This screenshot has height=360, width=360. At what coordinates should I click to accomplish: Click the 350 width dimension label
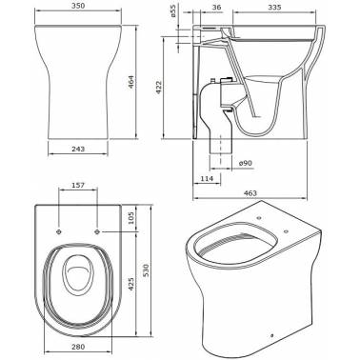[78, 7]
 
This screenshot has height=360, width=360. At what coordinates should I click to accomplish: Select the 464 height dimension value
[131, 82]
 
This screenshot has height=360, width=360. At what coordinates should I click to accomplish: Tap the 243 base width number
[78, 149]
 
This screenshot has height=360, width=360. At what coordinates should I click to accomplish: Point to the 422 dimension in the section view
[158, 88]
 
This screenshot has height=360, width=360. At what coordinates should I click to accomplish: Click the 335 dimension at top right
[274, 7]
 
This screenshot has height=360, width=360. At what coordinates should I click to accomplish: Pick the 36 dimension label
[216, 7]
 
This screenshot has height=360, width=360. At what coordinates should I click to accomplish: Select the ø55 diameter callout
[173, 11]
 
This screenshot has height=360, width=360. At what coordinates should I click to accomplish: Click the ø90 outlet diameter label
[246, 163]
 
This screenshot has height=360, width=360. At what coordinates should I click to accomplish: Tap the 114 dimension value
[207, 178]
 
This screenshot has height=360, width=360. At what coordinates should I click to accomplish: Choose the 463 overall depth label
[250, 193]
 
